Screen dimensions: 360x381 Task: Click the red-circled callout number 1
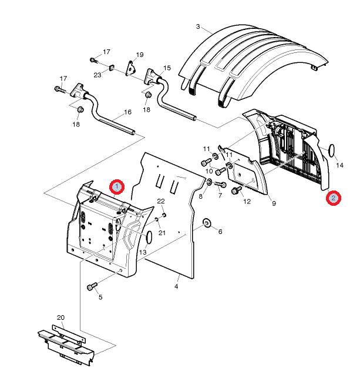click(117, 187)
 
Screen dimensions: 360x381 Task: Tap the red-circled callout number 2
click(334, 198)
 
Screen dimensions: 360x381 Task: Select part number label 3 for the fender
click(198, 26)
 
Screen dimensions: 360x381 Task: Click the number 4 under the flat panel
click(176, 286)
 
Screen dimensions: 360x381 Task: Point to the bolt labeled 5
click(92, 286)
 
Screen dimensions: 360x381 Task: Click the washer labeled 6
click(207, 223)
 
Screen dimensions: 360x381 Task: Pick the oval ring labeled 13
click(149, 237)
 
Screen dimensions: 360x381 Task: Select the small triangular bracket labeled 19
click(130, 68)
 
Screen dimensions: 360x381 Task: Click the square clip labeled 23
click(112, 67)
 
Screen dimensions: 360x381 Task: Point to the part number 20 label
click(60, 317)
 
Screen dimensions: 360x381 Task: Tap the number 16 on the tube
click(127, 112)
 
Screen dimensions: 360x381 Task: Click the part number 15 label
click(167, 68)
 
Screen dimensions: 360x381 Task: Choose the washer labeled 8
click(208, 182)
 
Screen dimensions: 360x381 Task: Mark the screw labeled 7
click(220, 185)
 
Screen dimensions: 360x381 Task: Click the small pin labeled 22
click(164, 215)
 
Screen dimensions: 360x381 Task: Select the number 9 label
click(274, 203)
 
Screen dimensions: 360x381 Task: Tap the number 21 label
click(162, 233)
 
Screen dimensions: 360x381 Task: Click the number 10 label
click(209, 171)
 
